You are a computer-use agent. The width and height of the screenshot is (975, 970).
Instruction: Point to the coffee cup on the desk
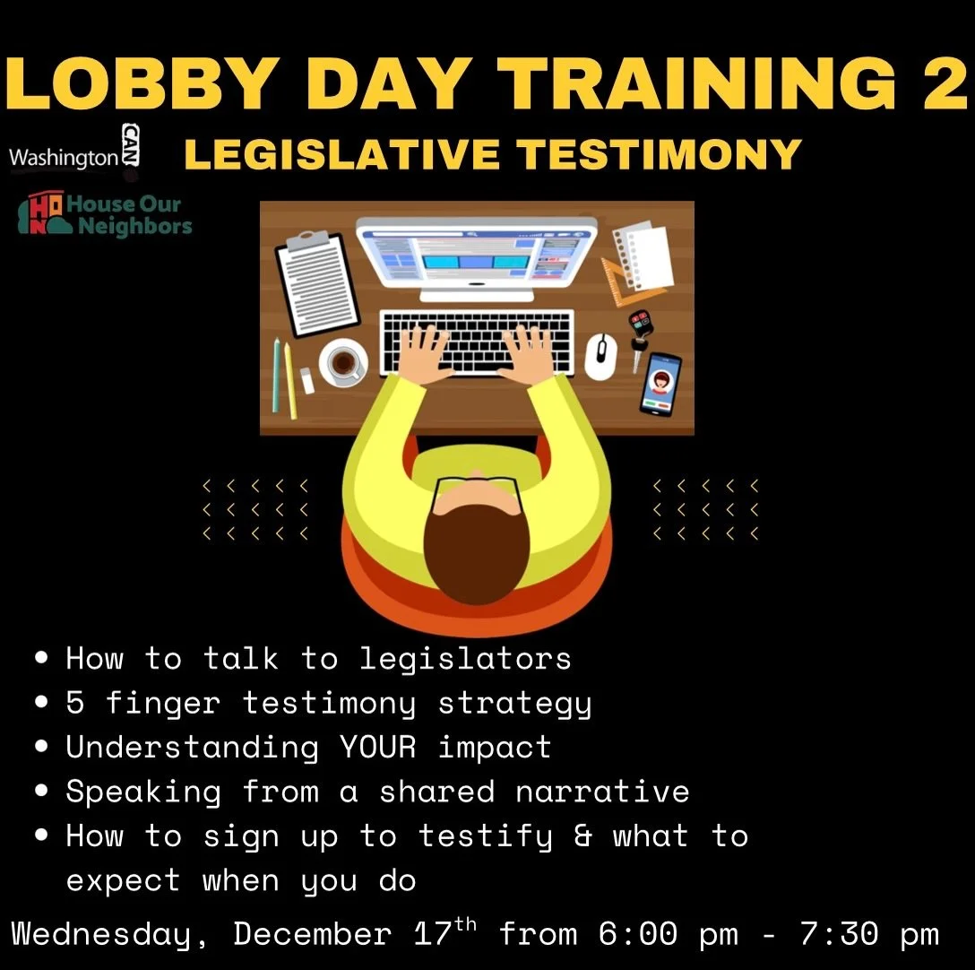click(x=341, y=362)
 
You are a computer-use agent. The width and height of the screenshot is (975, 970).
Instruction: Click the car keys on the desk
click(x=639, y=336)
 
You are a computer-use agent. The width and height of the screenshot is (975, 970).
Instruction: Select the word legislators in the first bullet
click(x=465, y=659)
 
